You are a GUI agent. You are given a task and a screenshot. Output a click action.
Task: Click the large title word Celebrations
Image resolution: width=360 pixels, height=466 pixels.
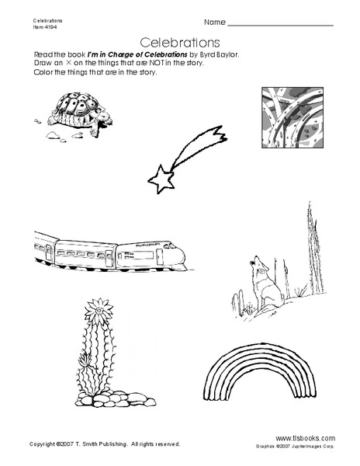coord(179,41)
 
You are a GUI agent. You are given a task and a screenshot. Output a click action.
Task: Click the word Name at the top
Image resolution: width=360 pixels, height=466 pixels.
coord(216,22)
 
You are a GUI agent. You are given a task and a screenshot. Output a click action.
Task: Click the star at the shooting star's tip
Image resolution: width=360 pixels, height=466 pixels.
coord(161,181)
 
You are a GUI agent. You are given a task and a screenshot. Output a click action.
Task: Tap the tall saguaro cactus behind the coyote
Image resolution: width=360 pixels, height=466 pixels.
coord(308,241)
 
